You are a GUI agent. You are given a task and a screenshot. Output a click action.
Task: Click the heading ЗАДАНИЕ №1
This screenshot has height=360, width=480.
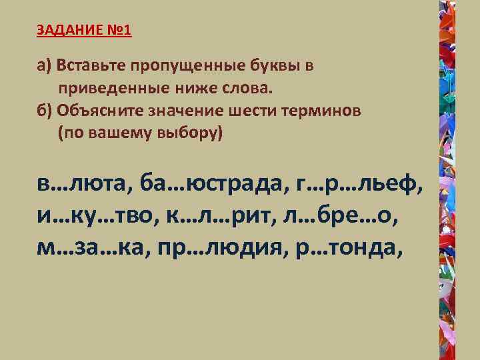coord(85,31)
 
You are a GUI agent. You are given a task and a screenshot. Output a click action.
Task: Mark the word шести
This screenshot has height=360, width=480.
coord(253,111)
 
